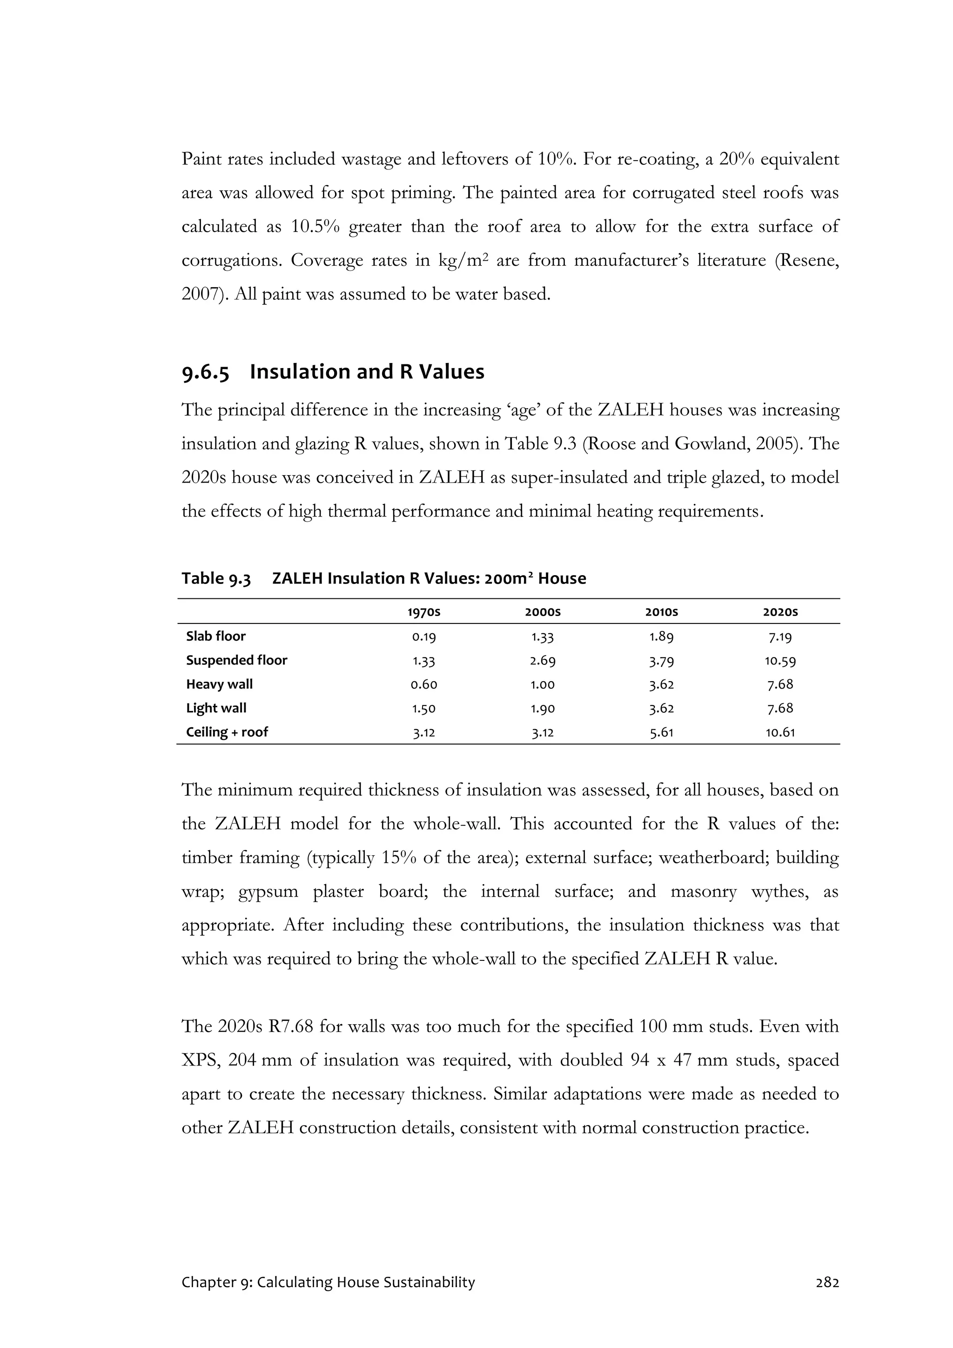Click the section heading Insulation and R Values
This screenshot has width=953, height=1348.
pos(366,372)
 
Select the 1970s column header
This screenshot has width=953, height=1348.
pos(424,612)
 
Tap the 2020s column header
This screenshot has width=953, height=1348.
pos(780,612)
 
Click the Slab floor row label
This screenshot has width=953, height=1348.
pos(215,637)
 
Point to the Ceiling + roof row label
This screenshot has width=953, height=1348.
pos(227,732)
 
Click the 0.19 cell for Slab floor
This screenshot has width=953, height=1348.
pos(424,637)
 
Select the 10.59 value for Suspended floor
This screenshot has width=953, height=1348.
pos(780,661)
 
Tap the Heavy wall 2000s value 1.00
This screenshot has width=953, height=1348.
pos(543,684)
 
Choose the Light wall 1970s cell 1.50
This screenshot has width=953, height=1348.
pos(424,709)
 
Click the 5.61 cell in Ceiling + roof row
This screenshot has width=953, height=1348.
pos(662,733)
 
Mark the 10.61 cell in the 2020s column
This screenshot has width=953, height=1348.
pos(780,733)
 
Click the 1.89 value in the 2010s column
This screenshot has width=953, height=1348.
pos(662,637)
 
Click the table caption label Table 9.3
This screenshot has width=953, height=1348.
pos(216,579)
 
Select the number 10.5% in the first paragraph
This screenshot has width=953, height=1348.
pos(315,227)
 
